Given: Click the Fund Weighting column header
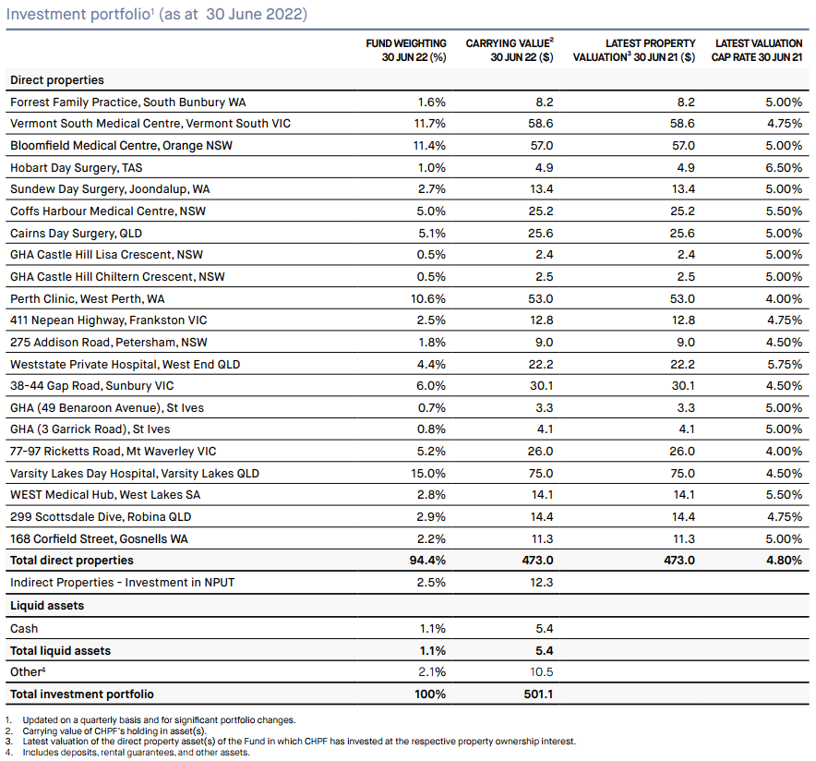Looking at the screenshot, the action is (x=406, y=50).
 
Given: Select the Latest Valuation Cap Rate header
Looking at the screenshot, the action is (x=757, y=50).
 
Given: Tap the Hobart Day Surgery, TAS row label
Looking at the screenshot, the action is (x=76, y=167).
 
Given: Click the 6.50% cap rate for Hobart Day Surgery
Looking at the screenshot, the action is (x=784, y=167).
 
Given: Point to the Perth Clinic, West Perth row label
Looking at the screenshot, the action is (x=88, y=299).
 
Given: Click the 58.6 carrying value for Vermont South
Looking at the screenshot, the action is (x=542, y=124).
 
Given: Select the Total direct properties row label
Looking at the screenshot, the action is (x=72, y=560).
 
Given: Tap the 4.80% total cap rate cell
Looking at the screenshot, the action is (x=784, y=560).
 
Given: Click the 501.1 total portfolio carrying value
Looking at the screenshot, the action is (x=539, y=694).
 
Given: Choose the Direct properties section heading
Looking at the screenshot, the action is (x=57, y=80).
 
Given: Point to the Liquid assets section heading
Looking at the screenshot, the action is (x=47, y=605).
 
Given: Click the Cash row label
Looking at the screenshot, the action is (x=24, y=628).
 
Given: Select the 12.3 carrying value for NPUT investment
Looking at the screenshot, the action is (x=542, y=582).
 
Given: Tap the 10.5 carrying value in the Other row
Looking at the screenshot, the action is (x=542, y=672).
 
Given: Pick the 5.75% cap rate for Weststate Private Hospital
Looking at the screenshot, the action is (x=785, y=365).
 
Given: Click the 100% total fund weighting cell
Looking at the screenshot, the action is (x=430, y=694).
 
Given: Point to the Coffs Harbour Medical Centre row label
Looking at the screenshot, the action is (x=108, y=211).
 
